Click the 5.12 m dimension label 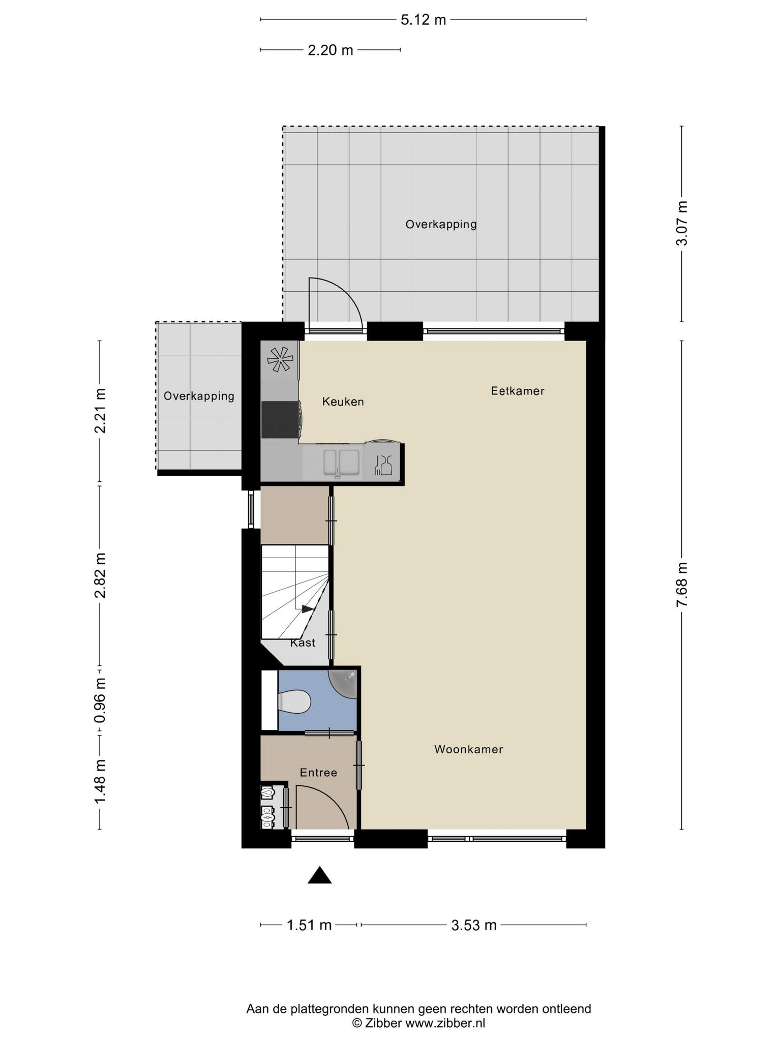(x=423, y=20)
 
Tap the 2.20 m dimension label (x=331, y=50)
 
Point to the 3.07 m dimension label (x=682, y=223)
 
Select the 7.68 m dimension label (x=682, y=585)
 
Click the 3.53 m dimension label (x=474, y=925)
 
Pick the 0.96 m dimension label (x=100, y=700)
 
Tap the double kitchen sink (x=342, y=462)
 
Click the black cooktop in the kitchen (x=280, y=419)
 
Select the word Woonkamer (x=468, y=749)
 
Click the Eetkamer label (x=518, y=391)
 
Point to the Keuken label (x=343, y=402)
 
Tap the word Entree (x=318, y=773)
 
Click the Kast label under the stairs (x=303, y=643)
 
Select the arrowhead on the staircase (x=308, y=608)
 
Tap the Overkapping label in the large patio (x=441, y=224)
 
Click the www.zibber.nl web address (x=445, y=1023)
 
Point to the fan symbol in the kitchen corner (x=280, y=360)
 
